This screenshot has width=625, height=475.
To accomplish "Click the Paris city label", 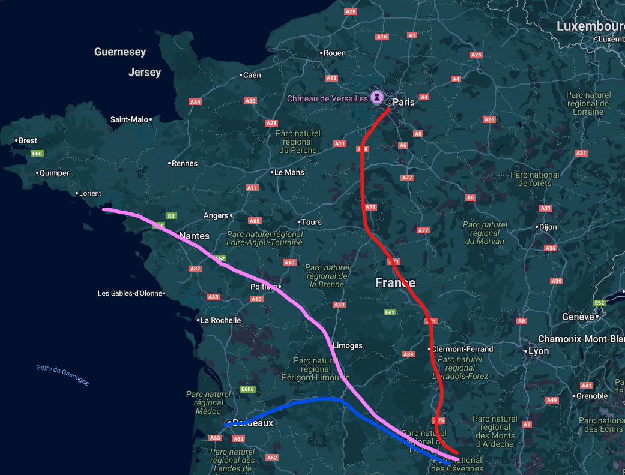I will (403, 102).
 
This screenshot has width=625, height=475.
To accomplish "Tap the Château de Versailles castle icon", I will (377, 97).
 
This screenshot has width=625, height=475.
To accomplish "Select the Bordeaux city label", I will (252, 423).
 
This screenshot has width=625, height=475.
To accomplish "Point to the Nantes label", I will (194, 236).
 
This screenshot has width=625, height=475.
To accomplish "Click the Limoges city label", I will (348, 345).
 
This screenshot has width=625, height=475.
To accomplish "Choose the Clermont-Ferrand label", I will (463, 349).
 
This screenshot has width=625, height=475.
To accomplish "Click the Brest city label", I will (28, 140).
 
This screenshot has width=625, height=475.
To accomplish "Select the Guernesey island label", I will (120, 52).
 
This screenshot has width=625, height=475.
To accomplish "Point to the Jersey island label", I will (145, 73).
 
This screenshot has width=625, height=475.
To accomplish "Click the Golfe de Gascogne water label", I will (62, 375).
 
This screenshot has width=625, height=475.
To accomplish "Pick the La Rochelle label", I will (220, 320).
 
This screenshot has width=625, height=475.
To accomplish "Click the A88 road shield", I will (251, 101).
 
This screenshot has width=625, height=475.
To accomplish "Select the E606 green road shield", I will (247, 390).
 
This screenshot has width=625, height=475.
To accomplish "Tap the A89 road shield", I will (408, 354).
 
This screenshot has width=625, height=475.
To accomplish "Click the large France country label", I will (395, 282).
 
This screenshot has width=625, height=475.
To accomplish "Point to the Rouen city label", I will (334, 53).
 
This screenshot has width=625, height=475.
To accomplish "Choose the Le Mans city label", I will (289, 172).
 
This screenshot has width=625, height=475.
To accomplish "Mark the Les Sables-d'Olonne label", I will (130, 293).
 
